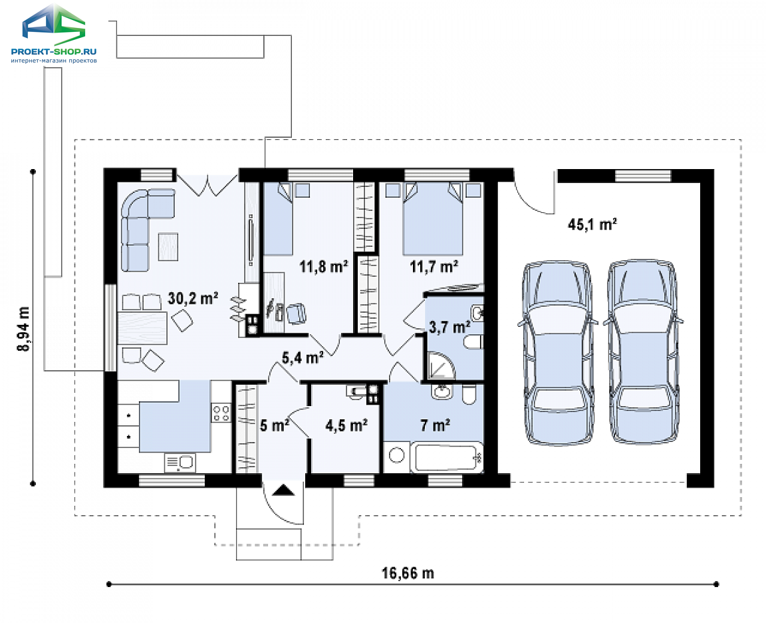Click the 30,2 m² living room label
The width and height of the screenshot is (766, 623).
pos(193,298)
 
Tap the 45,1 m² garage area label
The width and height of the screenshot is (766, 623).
pos(592,224)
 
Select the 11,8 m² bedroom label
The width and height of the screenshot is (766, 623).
pos(323,266)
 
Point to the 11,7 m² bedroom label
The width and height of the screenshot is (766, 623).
pos(434,266)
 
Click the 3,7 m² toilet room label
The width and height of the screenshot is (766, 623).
pos(449,327)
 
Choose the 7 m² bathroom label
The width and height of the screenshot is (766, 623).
pos(436,425)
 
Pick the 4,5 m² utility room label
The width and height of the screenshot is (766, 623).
pos(346,425)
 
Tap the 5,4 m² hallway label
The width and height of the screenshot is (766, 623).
pos(303,357)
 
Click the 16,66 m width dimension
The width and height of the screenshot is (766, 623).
pos(408,572)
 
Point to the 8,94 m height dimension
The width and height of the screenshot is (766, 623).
pos(23,329)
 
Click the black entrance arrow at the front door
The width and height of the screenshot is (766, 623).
pos(283,490)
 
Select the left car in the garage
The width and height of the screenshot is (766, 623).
pos(557,353)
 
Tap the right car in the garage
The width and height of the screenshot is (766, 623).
pos(643,351)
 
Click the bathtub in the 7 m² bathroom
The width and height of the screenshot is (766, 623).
pos(446,458)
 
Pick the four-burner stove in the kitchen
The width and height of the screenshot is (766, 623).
pos(221,413)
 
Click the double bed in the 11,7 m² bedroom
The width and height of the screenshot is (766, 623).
pos(432,218)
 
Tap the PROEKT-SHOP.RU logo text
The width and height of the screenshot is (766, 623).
pos(54,51)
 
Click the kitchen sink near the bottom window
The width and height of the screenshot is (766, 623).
pos(180,463)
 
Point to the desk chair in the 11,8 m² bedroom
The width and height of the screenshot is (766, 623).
pos(296,313)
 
